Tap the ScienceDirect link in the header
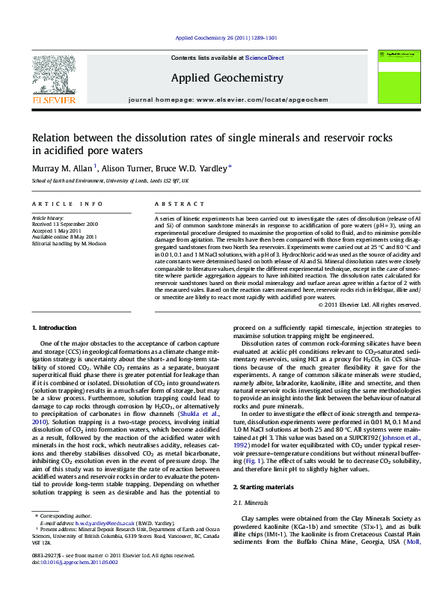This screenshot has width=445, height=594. (x=266, y=58)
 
